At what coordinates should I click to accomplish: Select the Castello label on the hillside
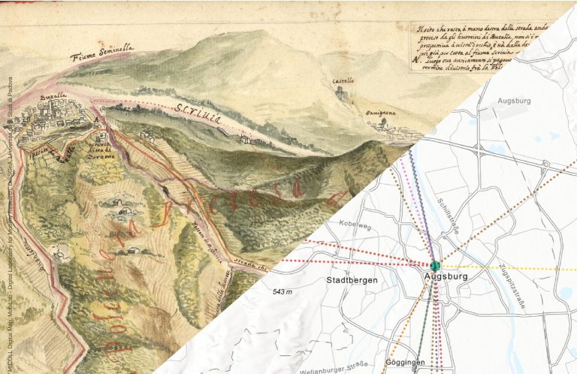tap(343, 80)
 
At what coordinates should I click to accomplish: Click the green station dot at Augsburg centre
tap(434, 265)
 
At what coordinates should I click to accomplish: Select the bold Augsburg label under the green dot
tap(446, 277)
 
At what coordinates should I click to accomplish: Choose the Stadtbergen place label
tap(351, 280)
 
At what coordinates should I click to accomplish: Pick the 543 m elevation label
tap(283, 291)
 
